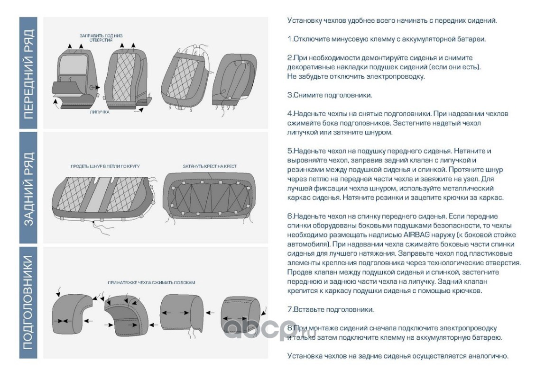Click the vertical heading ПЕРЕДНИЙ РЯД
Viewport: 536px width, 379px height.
pyautogui.click(x=28, y=73)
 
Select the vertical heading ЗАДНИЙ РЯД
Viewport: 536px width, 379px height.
pyautogui.click(x=28, y=188)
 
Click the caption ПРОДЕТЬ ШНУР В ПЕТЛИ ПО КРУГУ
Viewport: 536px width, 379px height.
pyautogui.click(x=105, y=167)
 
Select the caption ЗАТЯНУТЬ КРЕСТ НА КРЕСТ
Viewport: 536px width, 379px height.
pyautogui.click(x=210, y=167)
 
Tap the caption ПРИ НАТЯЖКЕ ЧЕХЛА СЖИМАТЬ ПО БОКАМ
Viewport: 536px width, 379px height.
pyautogui.click(x=151, y=282)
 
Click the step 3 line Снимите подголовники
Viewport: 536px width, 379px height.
pyautogui.click(x=330, y=95)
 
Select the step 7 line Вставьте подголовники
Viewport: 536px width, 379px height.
pyautogui.click(x=331, y=310)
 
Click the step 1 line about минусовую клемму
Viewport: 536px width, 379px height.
pyautogui.click(x=387, y=39)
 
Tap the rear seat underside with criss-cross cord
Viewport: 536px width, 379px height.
pyautogui.click(x=209, y=197)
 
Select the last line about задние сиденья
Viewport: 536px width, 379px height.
pyautogui.click(x=397, y=356)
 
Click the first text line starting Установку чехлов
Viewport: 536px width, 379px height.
pyautogui.click(x=392, y=21)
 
